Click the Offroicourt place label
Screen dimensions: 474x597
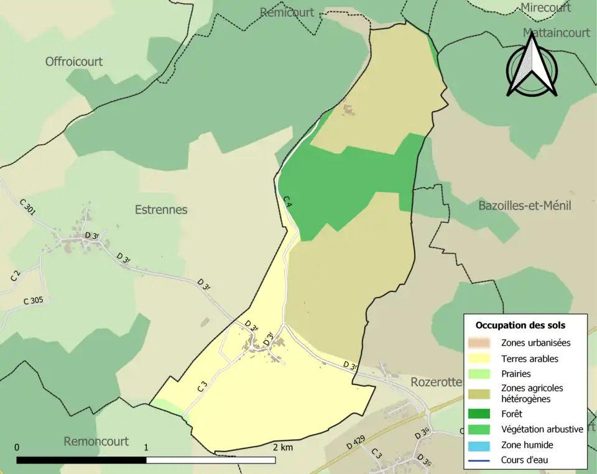[74, 62]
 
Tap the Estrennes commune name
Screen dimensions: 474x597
[161, 209]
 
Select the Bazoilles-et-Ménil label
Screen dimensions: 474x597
[524, 206]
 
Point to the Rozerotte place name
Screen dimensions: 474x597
[435, 381]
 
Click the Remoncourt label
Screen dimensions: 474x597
[96, 441]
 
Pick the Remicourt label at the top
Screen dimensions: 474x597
[287, 12]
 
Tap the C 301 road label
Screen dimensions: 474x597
[27, 207]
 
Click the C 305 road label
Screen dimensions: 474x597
[33, 301]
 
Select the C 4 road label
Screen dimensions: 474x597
[287, 201]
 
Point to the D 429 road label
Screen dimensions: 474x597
[355, 444]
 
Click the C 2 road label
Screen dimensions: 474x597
[15, 275]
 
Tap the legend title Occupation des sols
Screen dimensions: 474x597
[521, 325]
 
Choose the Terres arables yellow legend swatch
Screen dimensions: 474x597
[479, 358]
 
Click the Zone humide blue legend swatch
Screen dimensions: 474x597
[479, 445]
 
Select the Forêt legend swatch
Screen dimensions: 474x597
[479, 414]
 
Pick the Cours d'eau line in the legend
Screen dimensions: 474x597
[479, 460]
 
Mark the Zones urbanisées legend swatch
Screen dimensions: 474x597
[479, 343]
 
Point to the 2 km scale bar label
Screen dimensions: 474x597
[282, 447]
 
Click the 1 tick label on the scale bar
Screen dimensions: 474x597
[146, 447]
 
